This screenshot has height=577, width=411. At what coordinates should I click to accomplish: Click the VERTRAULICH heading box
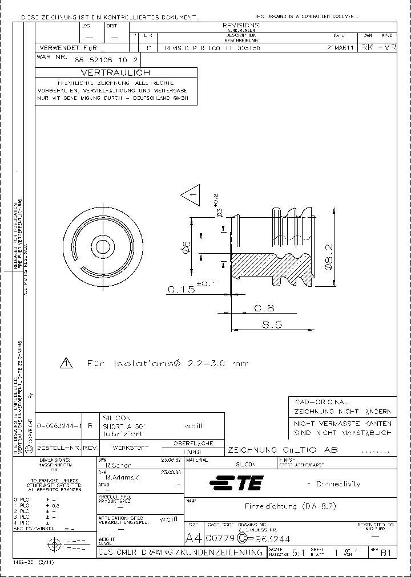click(116, 72)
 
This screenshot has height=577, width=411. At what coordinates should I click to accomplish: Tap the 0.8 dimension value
click(264, 308)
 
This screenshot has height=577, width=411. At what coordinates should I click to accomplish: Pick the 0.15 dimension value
click(180, 290)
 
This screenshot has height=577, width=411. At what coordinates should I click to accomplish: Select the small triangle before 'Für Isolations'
click(67, 363)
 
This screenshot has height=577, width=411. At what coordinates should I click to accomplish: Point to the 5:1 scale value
click(297, 552)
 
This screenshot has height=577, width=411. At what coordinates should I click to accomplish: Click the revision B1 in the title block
click(386, 552)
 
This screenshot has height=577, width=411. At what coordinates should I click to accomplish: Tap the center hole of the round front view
click(103, 246)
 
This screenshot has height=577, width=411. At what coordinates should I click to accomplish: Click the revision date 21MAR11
click(343, 48)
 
